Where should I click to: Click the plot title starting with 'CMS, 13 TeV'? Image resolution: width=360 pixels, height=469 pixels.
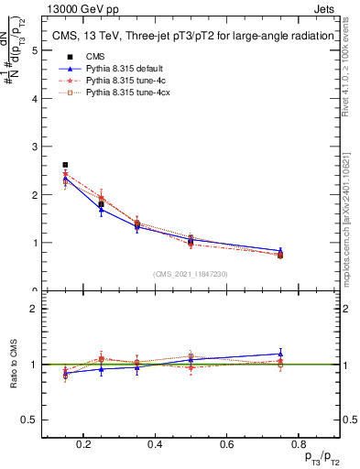pos(191,36)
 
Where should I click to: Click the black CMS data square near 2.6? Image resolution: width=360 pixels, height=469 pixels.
pos(65,165)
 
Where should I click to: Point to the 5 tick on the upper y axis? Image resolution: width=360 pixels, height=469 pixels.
pos(36,50)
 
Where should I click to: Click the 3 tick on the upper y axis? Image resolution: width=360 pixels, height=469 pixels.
pos(36,147)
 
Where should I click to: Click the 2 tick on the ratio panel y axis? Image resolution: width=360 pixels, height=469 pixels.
pos(36,309)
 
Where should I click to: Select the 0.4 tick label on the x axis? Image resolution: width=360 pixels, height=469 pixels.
pos(154,446)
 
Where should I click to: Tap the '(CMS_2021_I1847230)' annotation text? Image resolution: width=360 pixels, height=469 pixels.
pos(191,274)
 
